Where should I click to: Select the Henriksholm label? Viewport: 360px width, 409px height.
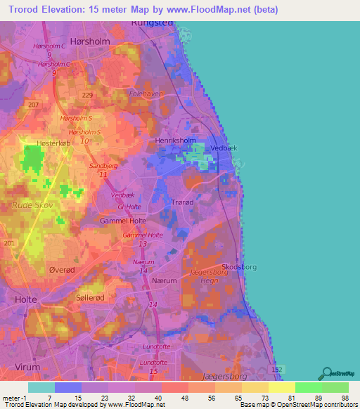point(175,141)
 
